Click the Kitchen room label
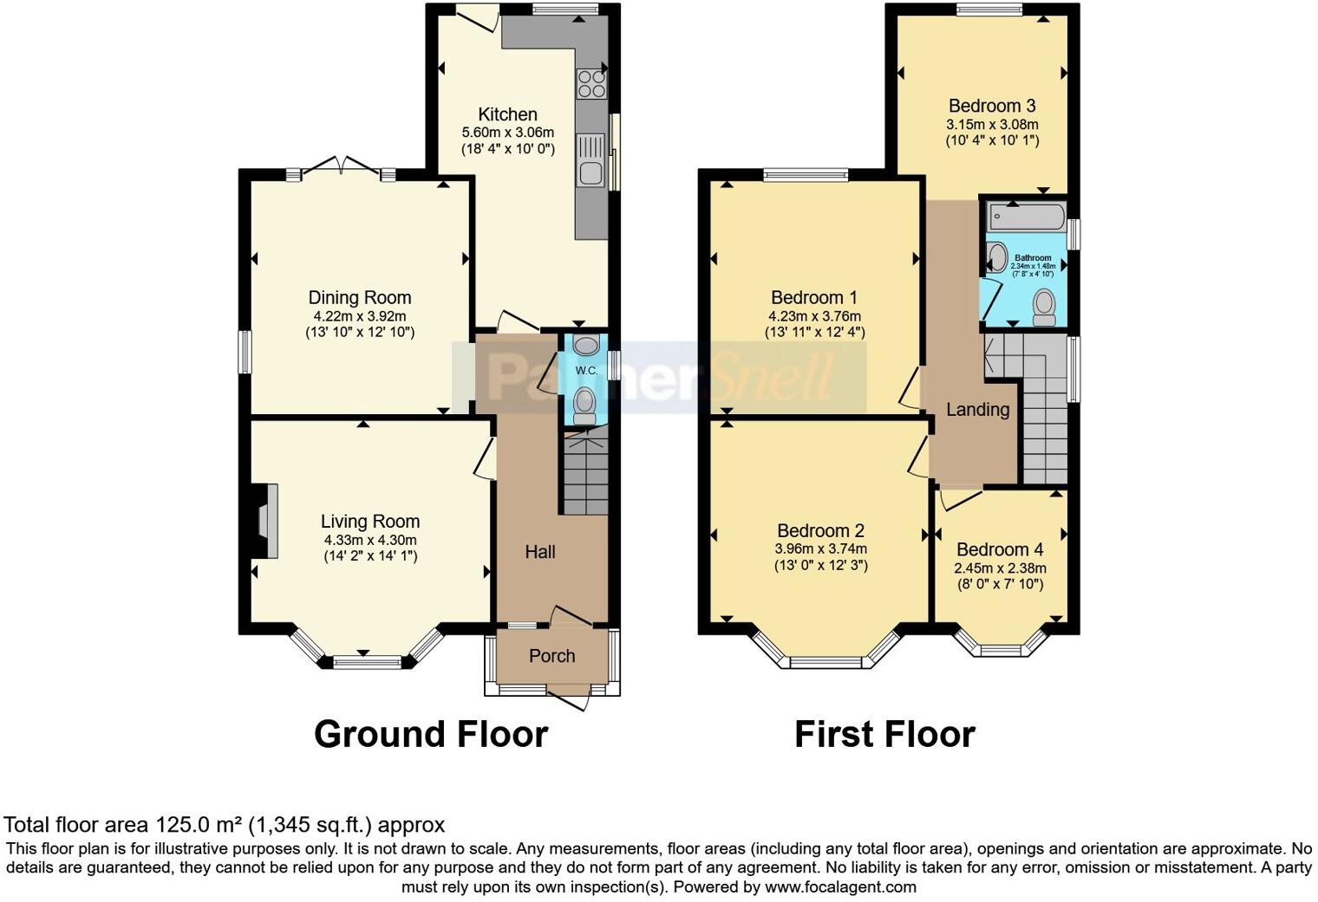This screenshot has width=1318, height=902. tap(508, 114)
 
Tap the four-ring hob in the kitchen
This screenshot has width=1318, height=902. tap(592, 82)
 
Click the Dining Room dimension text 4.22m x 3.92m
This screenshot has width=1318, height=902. tap(360, 316)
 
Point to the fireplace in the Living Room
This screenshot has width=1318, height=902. tap(264, 521)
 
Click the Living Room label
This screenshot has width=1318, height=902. tap(370, 522)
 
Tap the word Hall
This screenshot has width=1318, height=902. tap(540, 552)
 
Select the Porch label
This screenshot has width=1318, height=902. tap(551, 656)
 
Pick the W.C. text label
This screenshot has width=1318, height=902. tap(586, 371)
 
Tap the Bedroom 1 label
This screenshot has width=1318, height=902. tap(814, 298)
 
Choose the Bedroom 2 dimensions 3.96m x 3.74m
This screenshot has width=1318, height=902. tap(820, 548)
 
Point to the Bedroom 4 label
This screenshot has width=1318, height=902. tap(1000, 550)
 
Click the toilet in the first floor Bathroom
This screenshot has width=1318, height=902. tap(1044, 306)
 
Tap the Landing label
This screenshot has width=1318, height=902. tap(977, 410)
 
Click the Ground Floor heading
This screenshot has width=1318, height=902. tap(431, 734)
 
